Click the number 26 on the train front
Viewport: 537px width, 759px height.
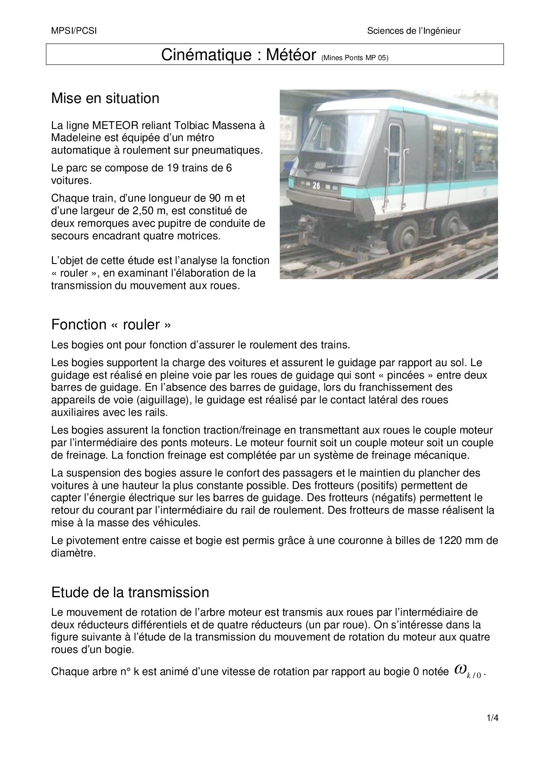317,185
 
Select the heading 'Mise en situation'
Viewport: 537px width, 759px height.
105,99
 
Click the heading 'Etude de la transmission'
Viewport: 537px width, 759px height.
130,592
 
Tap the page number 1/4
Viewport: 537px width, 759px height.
493,718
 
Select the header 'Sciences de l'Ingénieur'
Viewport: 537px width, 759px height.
414,31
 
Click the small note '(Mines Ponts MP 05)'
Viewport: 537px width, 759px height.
355,58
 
